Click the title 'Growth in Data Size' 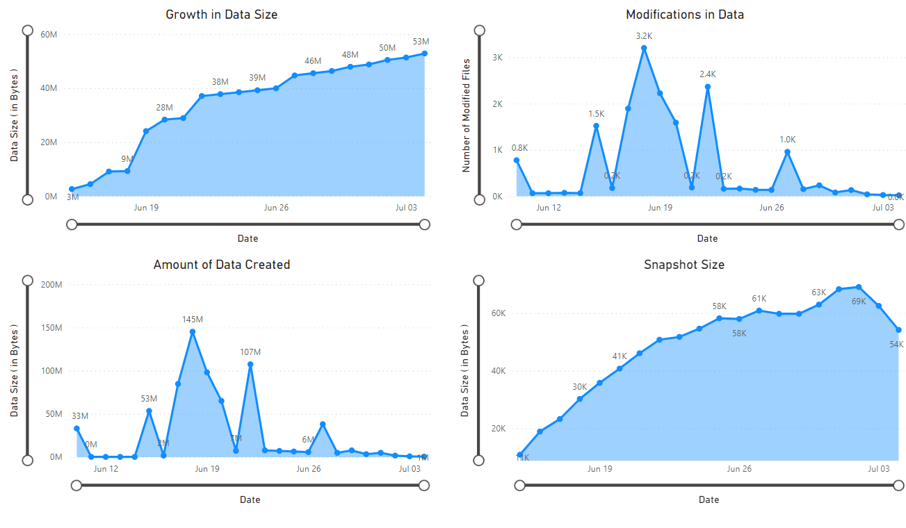click(x=221, y=15)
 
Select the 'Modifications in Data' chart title click(x=684, y=15)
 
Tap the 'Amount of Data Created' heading click(x=221, y=265)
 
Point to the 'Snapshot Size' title click(x=684, y=265)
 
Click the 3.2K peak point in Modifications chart click(x=644, y=48)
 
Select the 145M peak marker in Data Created click(x=193, y=331)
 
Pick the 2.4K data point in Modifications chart click(x=707, y=87)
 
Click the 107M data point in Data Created click(x=250, y=364)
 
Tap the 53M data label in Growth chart click(x=421, y=42)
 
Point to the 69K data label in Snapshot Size click(x=859, y=302)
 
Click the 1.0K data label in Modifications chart click(x=787, y=140)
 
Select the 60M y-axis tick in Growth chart click(x=49, y=34)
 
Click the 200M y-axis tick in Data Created click(x=51, y=284)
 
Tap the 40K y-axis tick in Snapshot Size click(x=498, y=371)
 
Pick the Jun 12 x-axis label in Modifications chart click(x=548, y=208)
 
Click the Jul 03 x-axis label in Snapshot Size click(x=878, y=469)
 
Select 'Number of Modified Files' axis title click(x=467, y=115)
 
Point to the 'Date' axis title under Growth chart click(x=248, y=238)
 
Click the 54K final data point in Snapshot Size click(x=898, y=330)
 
